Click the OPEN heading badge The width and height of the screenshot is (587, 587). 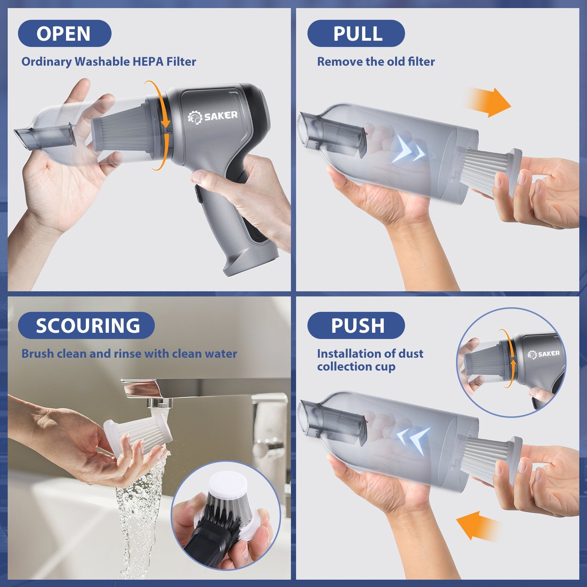[x=64, y=33]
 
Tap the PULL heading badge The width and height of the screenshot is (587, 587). [x=356, y=33]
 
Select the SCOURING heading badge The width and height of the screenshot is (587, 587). [x=87, y=325]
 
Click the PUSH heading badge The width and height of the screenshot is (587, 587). [x=356, y=325]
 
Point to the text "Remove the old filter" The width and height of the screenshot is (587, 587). [x=376, y=62]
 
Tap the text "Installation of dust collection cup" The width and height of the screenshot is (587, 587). [x=370, y=360]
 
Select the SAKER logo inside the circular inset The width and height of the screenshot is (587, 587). [x=544, y=354]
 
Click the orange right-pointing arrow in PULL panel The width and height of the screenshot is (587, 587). [x=490, y=103]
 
